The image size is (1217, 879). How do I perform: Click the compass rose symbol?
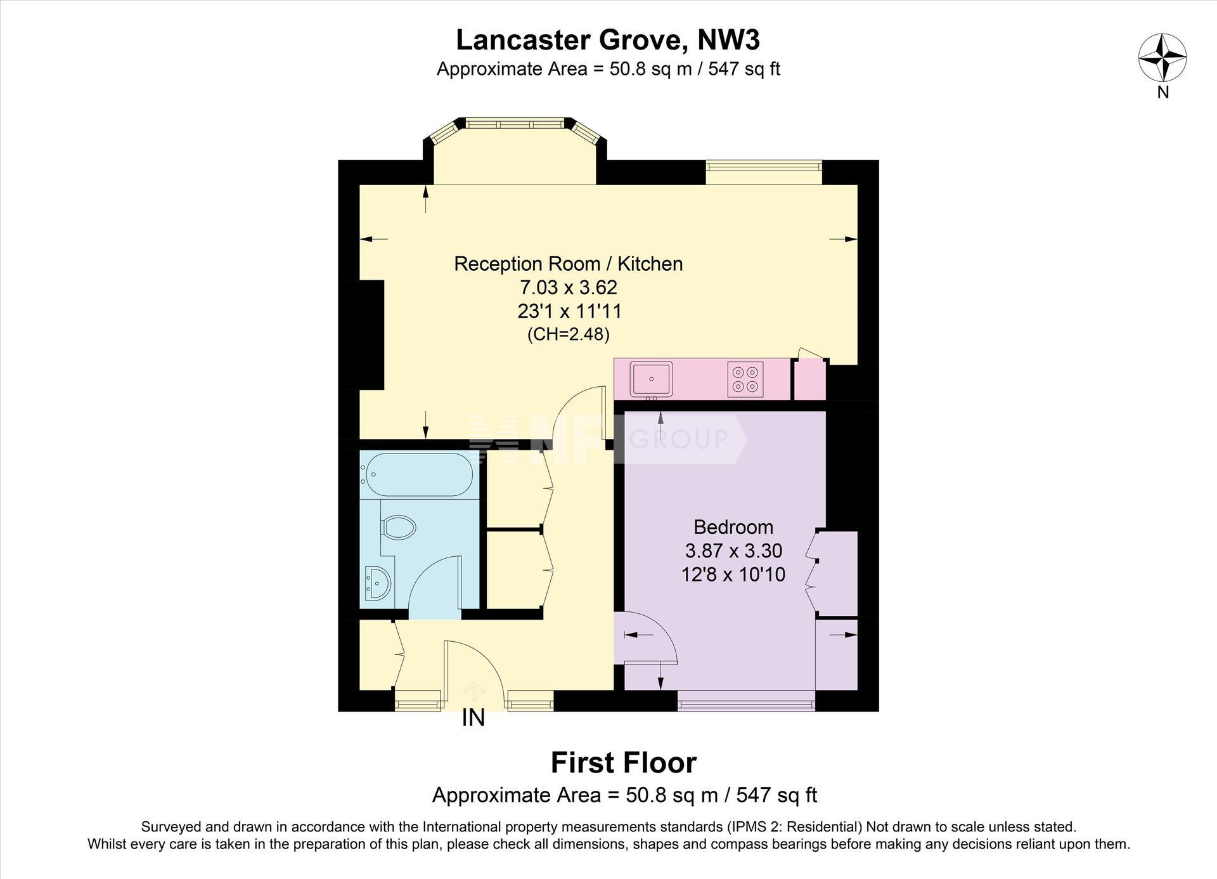1162,58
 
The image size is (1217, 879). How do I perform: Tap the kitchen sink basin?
651,379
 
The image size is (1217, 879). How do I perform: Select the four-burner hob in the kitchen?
745,379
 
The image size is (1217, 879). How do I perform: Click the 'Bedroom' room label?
733,527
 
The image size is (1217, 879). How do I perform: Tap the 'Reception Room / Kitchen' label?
569,264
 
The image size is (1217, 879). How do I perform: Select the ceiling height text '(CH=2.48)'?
569,334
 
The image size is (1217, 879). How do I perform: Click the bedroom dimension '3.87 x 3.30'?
733,550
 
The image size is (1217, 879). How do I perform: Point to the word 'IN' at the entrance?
473,718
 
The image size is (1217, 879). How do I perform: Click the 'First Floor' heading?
624,762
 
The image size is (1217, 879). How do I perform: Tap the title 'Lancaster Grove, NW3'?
608,40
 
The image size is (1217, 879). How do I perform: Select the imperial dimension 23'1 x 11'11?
569,311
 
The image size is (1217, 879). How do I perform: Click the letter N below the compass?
1163,93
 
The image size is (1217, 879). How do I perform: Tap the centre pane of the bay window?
515,123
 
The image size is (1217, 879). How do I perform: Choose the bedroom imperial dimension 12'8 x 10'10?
733,575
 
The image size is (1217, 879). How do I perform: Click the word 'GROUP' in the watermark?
679,439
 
